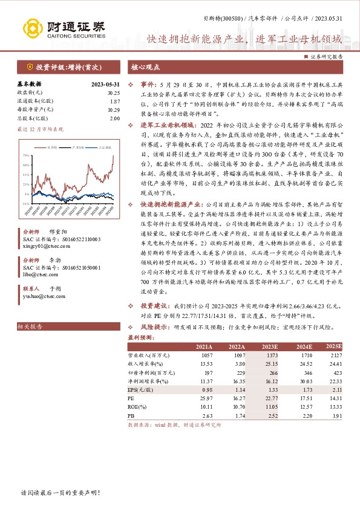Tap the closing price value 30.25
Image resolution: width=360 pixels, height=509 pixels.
114,92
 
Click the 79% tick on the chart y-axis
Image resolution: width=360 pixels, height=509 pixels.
26,155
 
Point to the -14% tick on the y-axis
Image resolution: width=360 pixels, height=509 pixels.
26,204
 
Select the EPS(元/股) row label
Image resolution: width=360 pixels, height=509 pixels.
140,391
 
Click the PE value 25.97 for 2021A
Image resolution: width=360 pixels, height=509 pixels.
205,400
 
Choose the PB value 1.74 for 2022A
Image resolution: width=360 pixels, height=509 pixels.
238,417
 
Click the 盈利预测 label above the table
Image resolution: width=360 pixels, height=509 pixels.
140,337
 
